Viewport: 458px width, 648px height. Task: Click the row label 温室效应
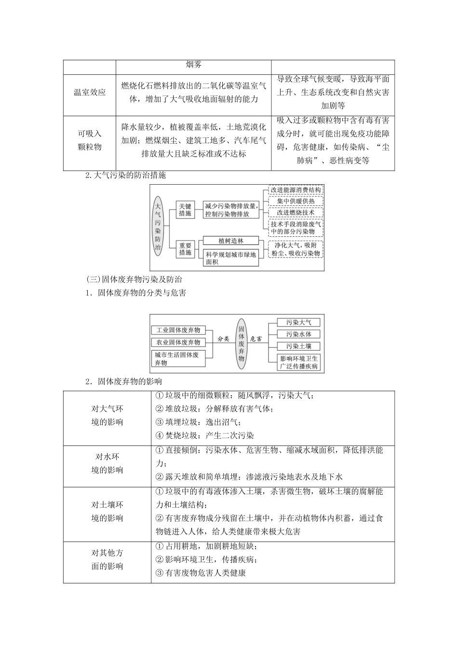[x=89, y=92]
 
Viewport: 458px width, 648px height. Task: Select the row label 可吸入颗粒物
[x=89, y=140]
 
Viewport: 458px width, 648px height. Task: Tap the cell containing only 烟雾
[x=193, y=64]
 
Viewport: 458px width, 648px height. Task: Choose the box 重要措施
[x=185, y=249]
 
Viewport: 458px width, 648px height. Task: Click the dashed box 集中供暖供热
[x=296, y=201]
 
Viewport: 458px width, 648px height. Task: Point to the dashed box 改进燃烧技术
[x=296, y=212]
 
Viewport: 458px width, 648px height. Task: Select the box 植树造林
[x=230, y=241]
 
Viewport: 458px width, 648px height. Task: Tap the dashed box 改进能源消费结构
[x=296, y=190]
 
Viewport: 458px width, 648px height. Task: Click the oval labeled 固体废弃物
[x=242, y=343]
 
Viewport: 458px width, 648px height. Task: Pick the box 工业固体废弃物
[x=177, y=330]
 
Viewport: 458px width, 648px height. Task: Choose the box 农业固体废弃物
[x=177, y=342]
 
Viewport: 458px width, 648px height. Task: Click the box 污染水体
[x=298, y=334]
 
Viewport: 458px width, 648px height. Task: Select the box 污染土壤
[x=298, y=346]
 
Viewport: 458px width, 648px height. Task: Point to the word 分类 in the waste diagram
[x=223, y=339]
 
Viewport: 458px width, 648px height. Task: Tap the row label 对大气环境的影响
[x=107, y=416]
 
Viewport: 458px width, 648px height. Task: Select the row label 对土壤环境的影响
[x=107, y=512]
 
